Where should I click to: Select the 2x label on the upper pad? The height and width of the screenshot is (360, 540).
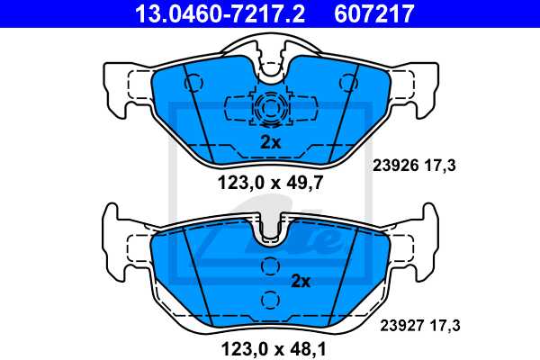click(x=272, y=141)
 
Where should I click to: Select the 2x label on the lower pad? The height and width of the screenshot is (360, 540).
click(x=300, y=281)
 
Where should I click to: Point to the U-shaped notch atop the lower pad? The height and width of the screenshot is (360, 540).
click(x=270, y=231)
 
